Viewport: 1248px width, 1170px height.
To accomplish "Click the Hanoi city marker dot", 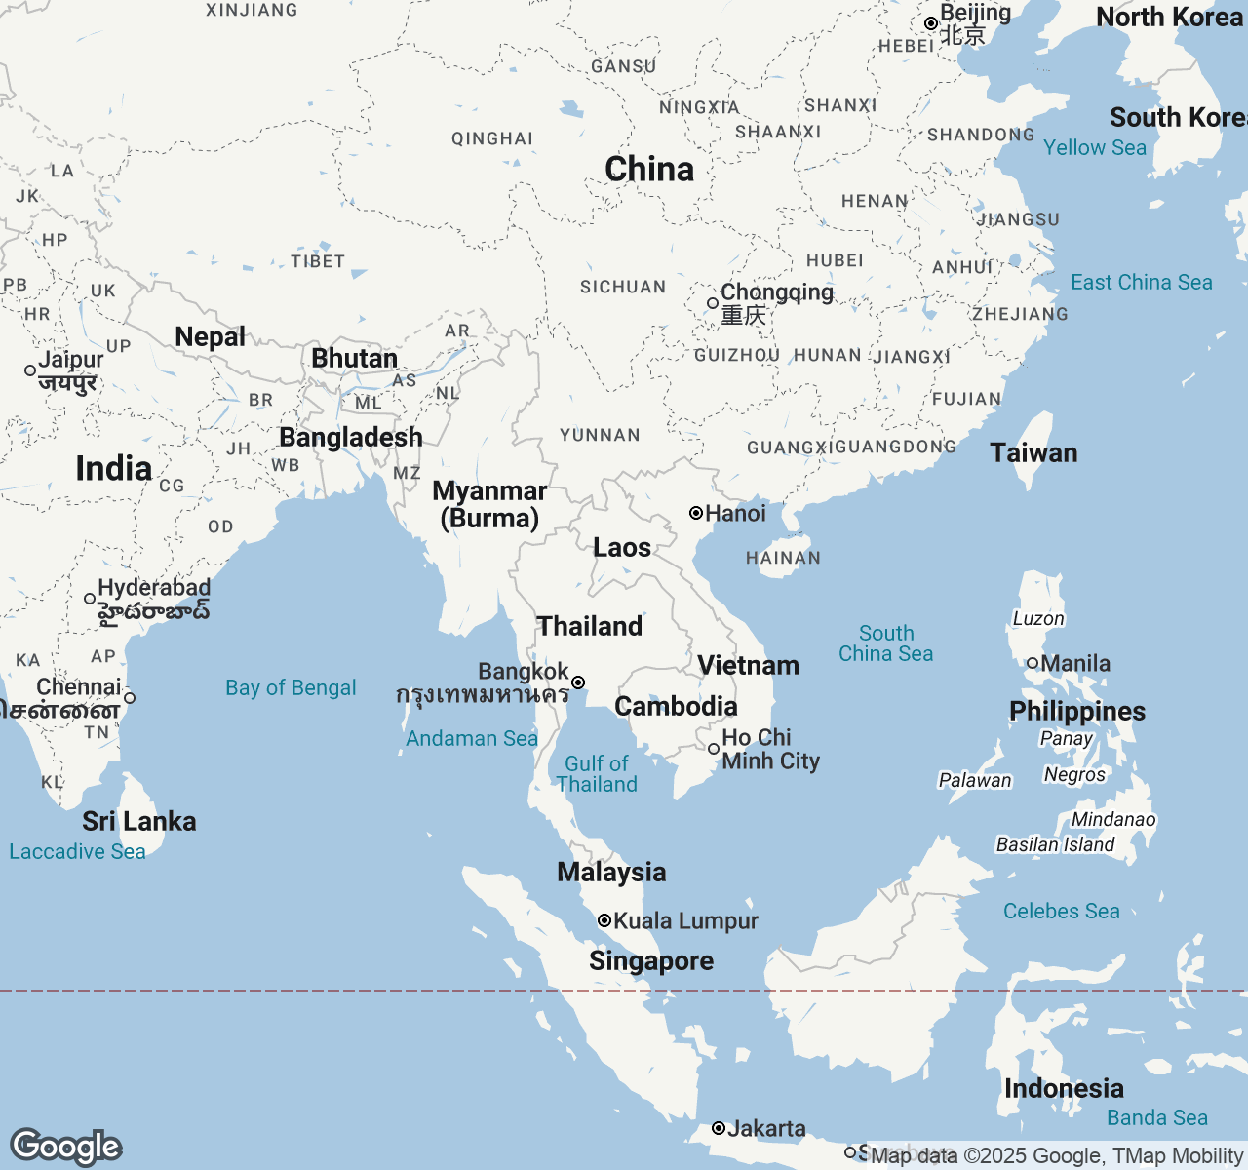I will [x=696, y=513].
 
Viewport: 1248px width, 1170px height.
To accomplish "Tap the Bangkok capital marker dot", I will [x=578, y=682].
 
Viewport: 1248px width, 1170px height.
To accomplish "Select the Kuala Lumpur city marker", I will [x=604, y=920].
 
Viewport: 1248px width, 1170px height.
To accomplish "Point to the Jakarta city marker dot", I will [x=719, y=1128].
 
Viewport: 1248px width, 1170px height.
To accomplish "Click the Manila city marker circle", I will [x=1033, y=663].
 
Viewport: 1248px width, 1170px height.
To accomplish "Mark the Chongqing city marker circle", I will [x=713, y=303].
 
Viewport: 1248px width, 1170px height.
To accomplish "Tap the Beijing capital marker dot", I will [x=931, y=23].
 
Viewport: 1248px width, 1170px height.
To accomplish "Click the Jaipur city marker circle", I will [x=30, y=370].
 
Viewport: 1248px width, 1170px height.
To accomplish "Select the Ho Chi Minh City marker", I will [x=714, y=749].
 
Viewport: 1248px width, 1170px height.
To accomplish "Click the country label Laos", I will [x=622, y=548].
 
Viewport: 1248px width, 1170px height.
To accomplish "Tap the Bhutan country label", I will [x=354, y=359].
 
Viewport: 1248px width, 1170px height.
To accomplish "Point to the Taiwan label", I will [x=1033, y=453].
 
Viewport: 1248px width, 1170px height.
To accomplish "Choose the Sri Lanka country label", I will [x=139, y=822].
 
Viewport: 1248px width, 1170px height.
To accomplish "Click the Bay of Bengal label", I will [x=291, y=688].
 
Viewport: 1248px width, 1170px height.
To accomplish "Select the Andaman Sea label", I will [x=472, y=739].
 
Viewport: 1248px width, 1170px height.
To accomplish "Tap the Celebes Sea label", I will [x=1061, y=912].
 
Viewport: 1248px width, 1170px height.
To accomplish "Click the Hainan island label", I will [x=783, y=559].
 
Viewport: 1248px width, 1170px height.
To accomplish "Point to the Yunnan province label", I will [x=600, y=436].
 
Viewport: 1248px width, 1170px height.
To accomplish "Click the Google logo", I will [x=65, y=1147].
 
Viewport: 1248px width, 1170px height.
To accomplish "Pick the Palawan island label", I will [x=975, y=780].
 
